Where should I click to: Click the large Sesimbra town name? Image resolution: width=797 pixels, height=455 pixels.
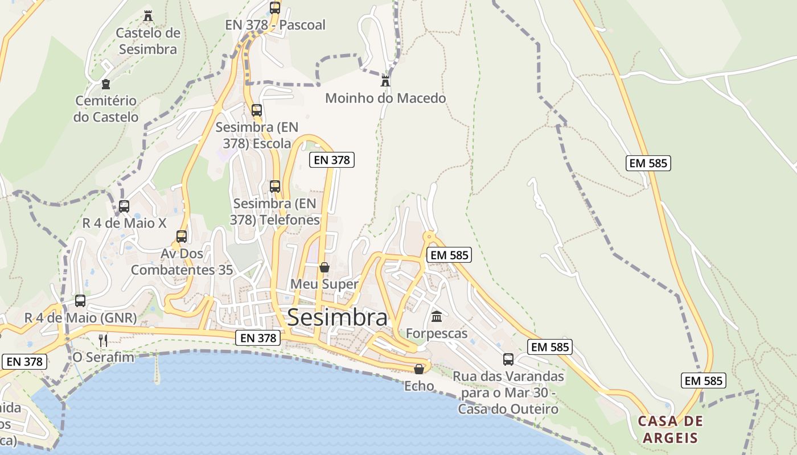[x=337, y=317]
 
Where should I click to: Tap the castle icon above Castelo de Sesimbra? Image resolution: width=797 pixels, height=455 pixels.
[x=148, y=15]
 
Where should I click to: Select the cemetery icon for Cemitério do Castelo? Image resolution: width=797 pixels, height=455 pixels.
[x=105, y=84]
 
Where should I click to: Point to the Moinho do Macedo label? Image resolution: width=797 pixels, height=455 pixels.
[x=385, y=98]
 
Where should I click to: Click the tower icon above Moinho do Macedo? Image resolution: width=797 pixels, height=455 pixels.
[x=385, y=81]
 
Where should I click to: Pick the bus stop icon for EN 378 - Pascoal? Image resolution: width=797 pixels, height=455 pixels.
[x=275, y=8]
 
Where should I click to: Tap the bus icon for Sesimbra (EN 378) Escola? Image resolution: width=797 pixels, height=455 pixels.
[x=257, y=110]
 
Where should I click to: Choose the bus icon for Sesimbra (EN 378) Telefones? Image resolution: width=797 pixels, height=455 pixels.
[x=275, y=186]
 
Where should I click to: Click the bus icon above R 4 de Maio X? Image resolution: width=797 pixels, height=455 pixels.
[x=124, y=206]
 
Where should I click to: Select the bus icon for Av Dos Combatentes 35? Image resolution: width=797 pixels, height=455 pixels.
[x=182, y=237]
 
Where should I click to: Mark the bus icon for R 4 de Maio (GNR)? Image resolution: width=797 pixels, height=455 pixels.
[x=80, y=301]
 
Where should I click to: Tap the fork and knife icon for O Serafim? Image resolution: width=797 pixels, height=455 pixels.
[x=103, y=341]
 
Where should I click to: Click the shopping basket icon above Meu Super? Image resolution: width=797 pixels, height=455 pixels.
[x=324, y=267]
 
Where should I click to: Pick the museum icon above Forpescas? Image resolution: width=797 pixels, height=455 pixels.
[x=437, y=316]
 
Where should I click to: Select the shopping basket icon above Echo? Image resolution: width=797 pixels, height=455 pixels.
[x=419, y=369]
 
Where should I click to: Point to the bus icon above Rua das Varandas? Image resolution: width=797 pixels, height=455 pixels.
[x=508, y=359]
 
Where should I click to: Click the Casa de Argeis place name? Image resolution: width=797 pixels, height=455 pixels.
[x=670, y=429]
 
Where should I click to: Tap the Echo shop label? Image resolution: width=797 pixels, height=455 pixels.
[x=419, y=386]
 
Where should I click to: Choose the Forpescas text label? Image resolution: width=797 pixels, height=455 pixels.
[x=437, y=333]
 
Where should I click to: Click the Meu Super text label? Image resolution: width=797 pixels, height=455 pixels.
[x=324, y=284]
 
